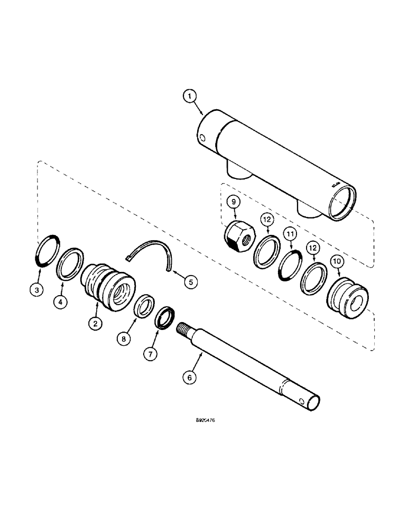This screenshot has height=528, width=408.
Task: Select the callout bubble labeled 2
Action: pos(95,324)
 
